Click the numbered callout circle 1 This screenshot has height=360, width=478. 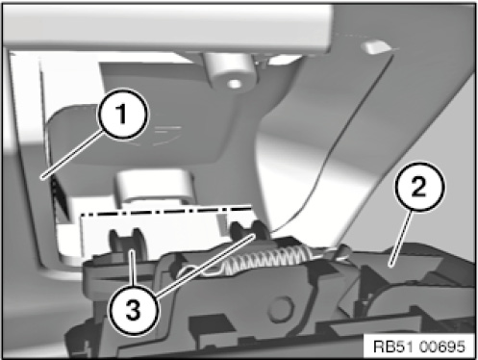point(123,115)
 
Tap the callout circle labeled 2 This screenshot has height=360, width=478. point(419,187)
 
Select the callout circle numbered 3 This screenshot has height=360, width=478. point(133,310)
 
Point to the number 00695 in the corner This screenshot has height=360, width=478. point(441,347)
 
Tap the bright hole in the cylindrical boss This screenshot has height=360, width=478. point(235,84)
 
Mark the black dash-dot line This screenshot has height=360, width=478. point(165,211)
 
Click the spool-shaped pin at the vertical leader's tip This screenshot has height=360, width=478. point(126,242)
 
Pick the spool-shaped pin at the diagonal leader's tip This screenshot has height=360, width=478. point(251,231)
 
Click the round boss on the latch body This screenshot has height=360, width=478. point(281,309)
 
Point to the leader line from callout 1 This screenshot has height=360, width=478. point(73,154)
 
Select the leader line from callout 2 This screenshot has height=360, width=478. point(400,239)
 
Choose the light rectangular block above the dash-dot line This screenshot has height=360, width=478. point(155,185)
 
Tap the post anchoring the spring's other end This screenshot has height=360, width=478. point(340,251)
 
